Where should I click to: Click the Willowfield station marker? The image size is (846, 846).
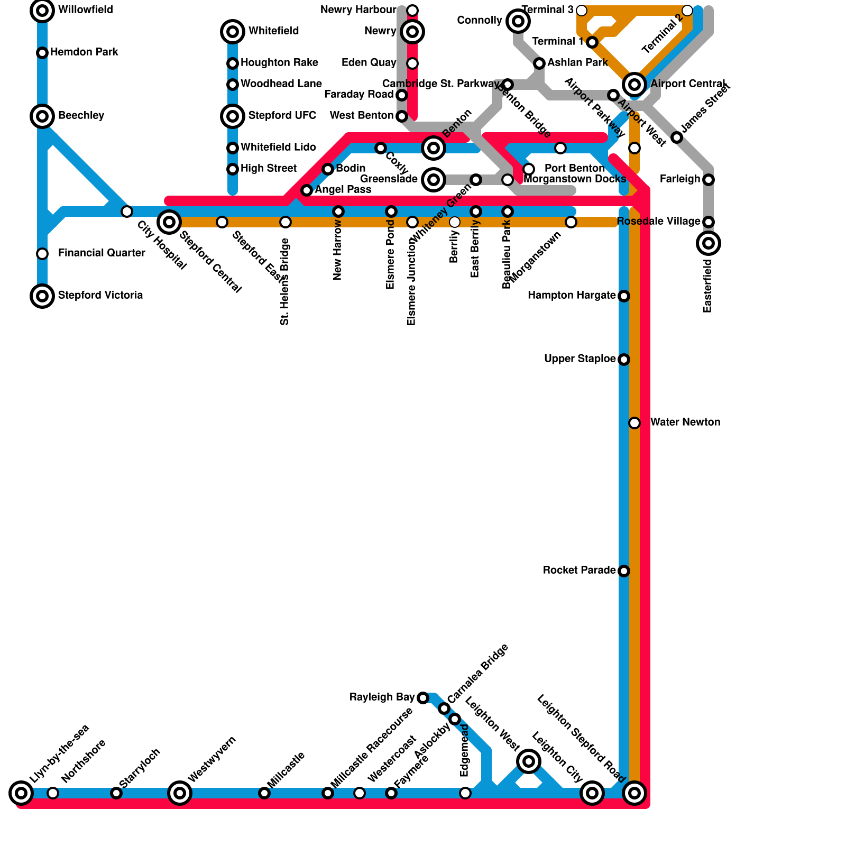point(42,10)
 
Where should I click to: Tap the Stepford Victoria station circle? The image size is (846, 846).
point(42,296)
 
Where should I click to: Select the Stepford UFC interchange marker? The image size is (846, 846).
point(233,116)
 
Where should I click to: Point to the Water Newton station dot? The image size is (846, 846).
point(635,422)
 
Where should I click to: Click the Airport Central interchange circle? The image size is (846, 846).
point(635,84)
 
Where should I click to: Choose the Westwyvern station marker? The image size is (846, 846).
point(180,793)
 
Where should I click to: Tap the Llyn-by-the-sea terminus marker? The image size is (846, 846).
point(21,793)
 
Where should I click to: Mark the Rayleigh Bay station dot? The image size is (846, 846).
point(423,698)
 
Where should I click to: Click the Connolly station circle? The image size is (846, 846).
point(518,21)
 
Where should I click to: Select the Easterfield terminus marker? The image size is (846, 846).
point(709,243)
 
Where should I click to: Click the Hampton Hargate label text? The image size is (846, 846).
point(572,296)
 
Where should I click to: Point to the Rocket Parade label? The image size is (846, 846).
point(579,571)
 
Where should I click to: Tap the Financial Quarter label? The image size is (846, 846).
point(102,253)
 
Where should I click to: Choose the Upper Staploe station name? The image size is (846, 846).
point(580,359)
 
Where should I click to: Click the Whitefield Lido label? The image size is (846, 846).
point(278,148)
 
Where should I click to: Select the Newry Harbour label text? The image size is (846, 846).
point(358,10)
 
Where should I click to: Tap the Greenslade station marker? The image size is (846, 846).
point(434,180)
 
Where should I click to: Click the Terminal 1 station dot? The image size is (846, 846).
point(592,42)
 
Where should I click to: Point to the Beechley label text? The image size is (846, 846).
point(81,116)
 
